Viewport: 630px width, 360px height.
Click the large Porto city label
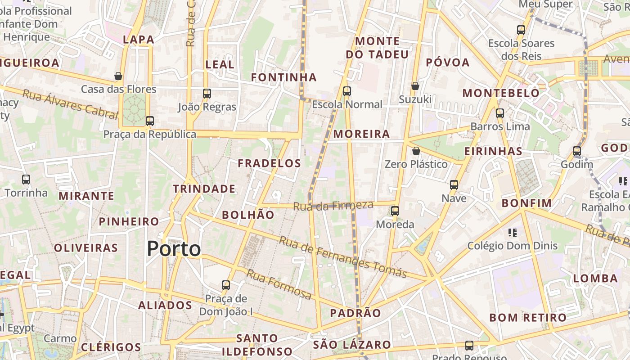174,249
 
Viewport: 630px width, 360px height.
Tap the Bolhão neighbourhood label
248,215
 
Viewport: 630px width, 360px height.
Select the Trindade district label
204,189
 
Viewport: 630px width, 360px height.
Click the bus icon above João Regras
207,94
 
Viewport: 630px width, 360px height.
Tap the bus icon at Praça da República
150,121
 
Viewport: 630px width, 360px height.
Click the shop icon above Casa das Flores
118,76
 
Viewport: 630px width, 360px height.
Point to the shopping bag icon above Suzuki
415,85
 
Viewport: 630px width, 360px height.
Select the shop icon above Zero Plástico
416,151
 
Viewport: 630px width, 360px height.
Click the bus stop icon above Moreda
395,211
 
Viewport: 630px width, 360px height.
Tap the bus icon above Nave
454,184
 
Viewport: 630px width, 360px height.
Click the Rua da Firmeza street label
333,206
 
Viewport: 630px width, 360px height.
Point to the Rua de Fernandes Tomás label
342,256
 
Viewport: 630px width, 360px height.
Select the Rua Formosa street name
279,284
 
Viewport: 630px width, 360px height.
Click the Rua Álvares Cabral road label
70,103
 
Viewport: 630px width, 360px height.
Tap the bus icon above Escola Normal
346,91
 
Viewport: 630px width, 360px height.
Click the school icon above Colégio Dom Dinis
512,233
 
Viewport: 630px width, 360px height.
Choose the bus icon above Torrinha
26,180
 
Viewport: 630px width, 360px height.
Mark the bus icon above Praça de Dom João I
226,285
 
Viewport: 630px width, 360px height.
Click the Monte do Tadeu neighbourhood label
377,48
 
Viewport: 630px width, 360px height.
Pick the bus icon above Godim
577,151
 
